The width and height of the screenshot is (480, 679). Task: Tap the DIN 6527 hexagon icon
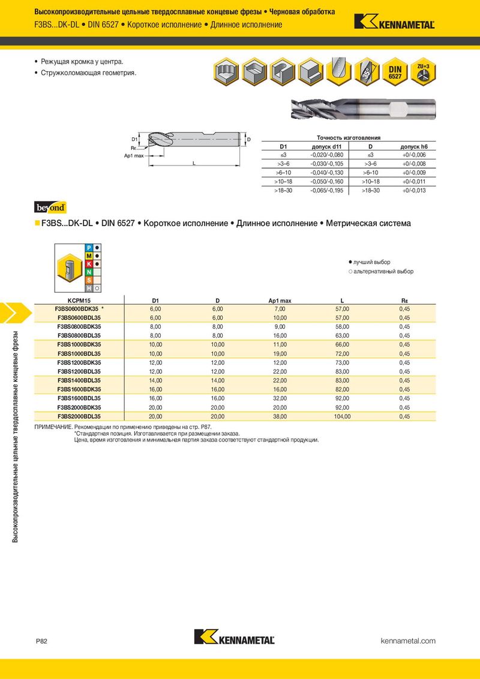(x=395, y=73)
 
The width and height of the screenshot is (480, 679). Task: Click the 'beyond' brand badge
(x=50, y=208)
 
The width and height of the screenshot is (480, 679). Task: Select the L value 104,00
(x=341, y=416)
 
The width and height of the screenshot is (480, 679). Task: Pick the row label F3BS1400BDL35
(x=79, y=380)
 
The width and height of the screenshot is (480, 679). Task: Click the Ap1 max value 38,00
(x=280, y=416)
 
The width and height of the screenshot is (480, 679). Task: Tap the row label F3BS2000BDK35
(x=79, y=407)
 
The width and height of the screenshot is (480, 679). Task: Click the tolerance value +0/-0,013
(x=413, y=190)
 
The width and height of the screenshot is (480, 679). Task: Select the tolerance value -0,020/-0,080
(x=326, y=155)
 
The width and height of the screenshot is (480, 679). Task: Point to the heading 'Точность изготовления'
(x=349, y=137)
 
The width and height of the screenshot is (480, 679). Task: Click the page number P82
(x=41, y=641)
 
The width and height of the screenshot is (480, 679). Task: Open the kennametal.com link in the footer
(x=408, y=641)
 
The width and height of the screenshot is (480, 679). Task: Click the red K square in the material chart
(x=89, y=264)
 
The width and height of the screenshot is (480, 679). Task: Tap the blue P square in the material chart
(x=89, y=247)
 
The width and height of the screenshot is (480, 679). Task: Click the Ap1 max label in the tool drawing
(x=134, y=155)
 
